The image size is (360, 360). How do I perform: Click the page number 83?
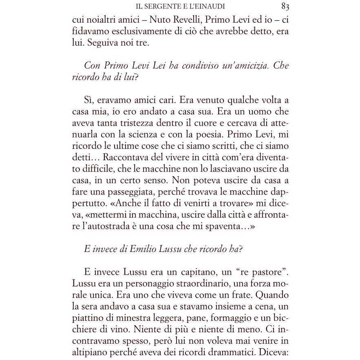tap(285, 6)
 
